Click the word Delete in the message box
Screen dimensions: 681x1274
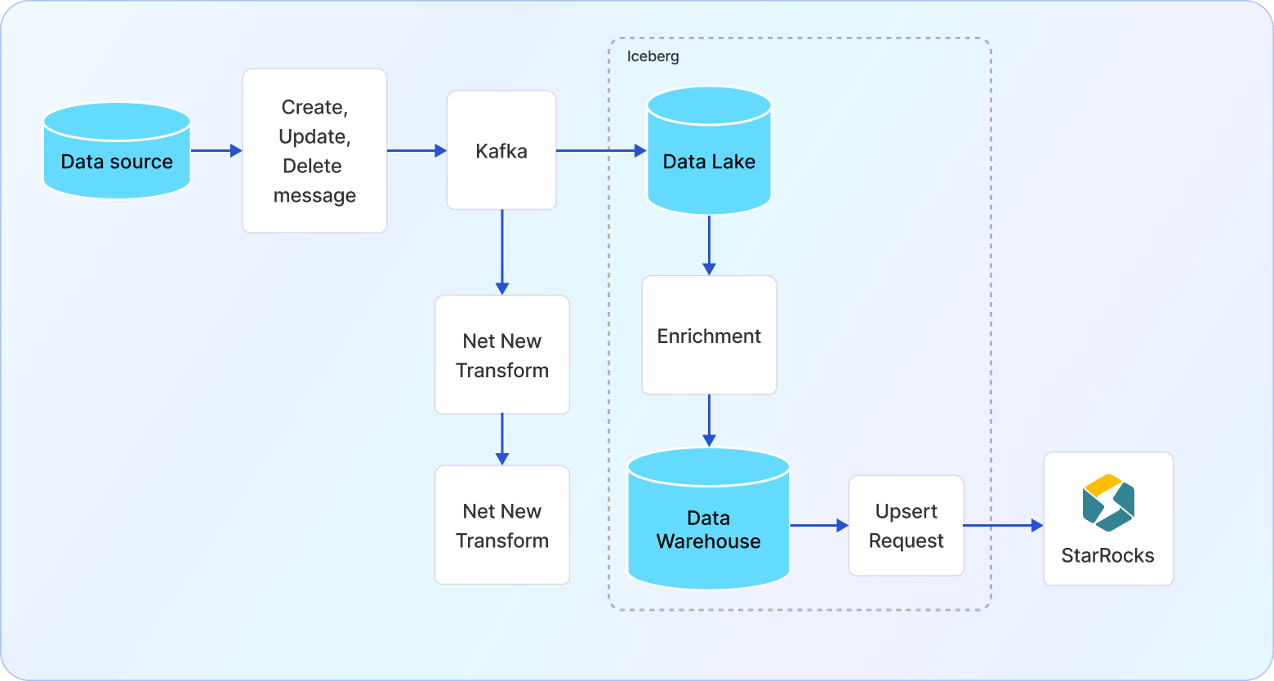312,167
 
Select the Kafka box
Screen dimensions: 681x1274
501,150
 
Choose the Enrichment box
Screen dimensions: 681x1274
709,336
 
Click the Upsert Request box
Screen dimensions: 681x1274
906,526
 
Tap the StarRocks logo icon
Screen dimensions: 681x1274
1108,502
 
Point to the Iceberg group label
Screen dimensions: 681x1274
653,56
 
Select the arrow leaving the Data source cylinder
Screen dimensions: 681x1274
216,150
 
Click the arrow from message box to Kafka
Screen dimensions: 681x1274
416,150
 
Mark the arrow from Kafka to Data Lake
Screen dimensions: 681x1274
600,150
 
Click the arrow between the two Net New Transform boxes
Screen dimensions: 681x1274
502,439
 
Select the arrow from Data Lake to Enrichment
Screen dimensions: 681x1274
709,245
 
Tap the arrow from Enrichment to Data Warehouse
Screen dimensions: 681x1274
709,421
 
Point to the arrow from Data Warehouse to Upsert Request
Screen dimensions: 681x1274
819,526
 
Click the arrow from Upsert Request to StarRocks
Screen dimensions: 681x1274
1003,526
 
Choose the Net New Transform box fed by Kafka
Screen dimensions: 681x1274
502,355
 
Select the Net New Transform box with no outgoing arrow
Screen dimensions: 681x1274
502,525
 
